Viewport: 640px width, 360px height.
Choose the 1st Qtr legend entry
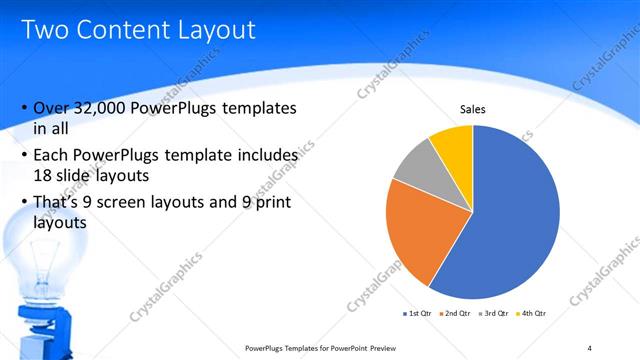point(418,313)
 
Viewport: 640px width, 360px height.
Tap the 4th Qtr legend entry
point(533,313)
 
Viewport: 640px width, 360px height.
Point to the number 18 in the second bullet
point(45,175)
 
